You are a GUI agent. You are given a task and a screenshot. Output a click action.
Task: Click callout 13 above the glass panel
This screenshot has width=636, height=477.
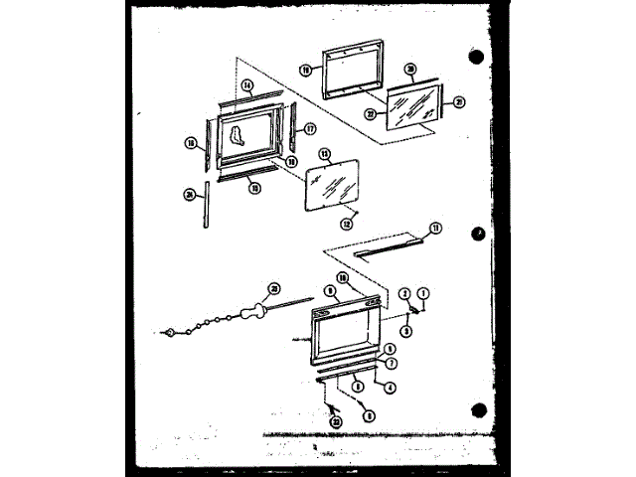tap(323, 153)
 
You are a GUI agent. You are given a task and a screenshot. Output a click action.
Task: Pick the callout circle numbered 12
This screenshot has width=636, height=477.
tap(348, 210)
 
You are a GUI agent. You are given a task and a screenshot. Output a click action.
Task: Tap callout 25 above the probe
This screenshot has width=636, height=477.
tap(262, 287)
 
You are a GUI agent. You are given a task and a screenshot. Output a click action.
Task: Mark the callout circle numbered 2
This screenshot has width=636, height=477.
tap(404, 292)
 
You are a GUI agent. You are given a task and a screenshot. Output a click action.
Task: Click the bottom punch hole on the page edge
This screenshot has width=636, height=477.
tap(479, 409)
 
